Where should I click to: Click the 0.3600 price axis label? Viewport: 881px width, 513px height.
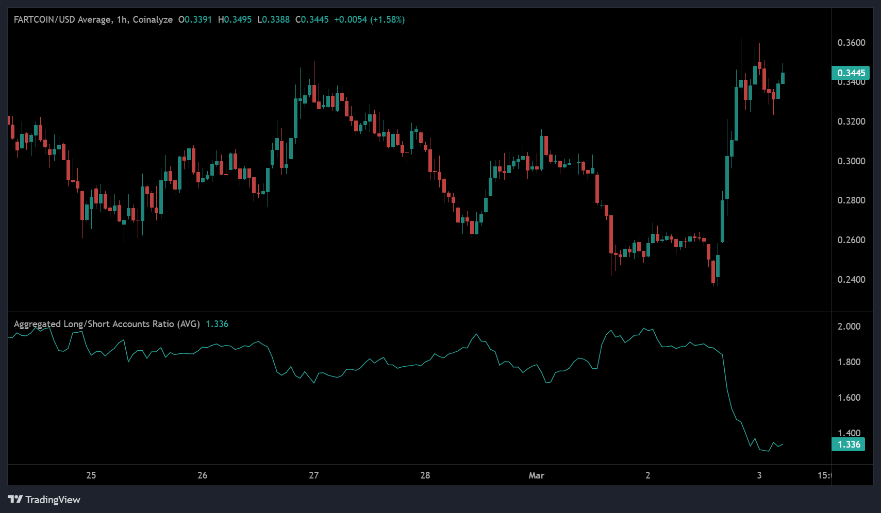851,43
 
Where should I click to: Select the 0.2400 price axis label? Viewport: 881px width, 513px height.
851,280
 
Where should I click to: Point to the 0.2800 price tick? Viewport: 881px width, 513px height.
851,200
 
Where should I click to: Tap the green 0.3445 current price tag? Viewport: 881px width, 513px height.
851,73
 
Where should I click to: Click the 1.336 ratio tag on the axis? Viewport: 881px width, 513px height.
849,444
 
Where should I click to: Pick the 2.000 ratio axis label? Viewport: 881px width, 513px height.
849,327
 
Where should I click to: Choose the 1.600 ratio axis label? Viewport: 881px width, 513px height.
849,398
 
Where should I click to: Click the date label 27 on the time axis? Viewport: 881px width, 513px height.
313,475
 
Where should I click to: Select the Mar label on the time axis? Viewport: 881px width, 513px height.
536,475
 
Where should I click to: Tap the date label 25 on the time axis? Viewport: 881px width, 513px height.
91,475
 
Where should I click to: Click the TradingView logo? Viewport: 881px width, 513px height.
44,500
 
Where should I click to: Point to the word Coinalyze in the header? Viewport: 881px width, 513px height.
153,20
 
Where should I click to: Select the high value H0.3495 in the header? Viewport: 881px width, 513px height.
235,20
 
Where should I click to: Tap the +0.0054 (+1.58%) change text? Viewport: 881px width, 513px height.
369,20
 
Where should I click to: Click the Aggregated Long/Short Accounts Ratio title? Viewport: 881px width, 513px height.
107,324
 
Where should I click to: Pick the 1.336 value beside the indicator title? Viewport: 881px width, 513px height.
217,324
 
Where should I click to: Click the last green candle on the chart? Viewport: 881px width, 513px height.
783,78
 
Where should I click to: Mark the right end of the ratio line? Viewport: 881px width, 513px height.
783,443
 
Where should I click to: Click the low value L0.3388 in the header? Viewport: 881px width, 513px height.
273,20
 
